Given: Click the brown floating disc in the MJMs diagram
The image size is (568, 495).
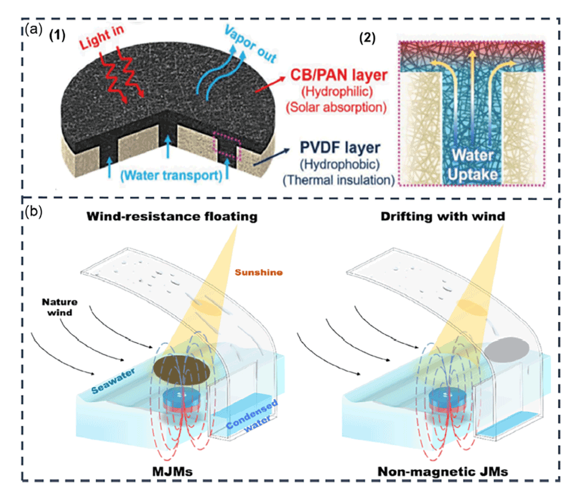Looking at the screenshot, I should pyautogui.click(x=184, y=370).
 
